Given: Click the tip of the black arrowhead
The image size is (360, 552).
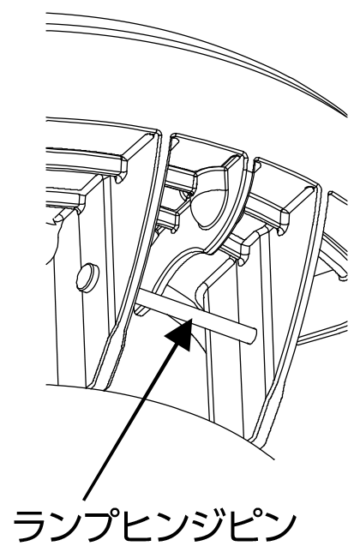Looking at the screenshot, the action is click(191, 318).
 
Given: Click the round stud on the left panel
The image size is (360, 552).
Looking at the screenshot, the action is click(87, 277).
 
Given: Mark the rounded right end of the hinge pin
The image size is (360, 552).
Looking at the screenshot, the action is click(253, 334).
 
